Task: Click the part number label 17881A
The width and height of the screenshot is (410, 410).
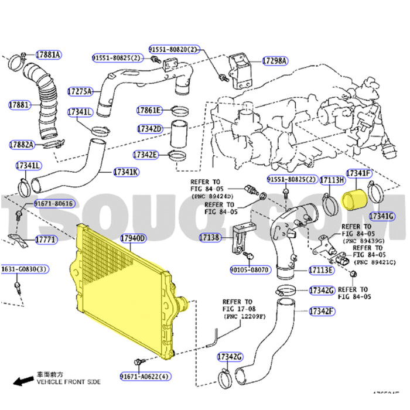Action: point(48,55)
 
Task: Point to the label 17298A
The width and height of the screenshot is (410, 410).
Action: point(274,60)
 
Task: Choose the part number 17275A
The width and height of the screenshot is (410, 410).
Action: point(80,92)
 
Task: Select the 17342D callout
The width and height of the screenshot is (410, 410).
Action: point(149,128)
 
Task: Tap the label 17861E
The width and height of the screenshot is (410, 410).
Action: point(149,110)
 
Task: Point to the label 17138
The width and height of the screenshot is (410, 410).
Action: point(209,238)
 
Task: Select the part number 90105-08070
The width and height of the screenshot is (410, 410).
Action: point(251,270)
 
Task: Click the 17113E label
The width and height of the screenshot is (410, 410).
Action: point(321,270)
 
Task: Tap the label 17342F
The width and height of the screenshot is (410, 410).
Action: point(322,311)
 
